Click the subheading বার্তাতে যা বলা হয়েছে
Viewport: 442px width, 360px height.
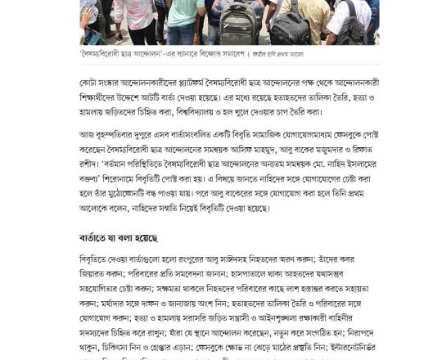click(113, 237)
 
